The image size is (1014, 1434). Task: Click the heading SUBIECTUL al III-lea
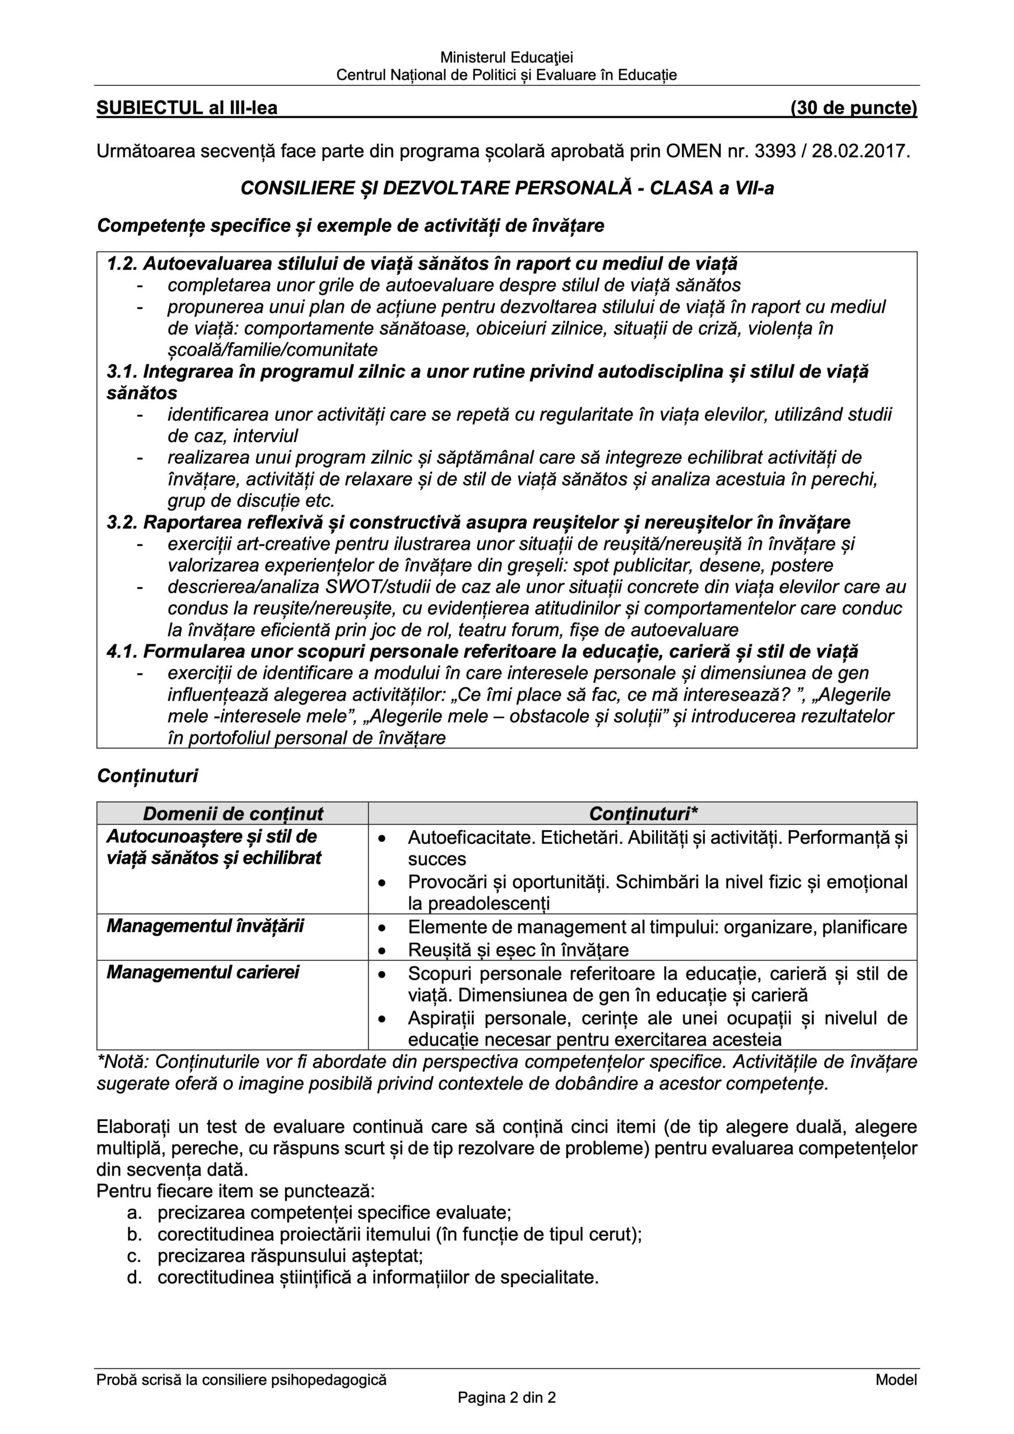187,108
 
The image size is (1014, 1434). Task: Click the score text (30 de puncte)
853,108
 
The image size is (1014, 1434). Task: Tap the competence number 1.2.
122,264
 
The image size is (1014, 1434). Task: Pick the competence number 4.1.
122,651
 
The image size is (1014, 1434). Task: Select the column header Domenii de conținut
233,813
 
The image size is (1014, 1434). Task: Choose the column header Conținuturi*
643,813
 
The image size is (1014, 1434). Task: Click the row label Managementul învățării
205,925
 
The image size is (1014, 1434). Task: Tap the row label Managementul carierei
202,972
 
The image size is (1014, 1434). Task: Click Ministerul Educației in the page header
506,58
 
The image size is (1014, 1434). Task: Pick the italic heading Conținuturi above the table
147,776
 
